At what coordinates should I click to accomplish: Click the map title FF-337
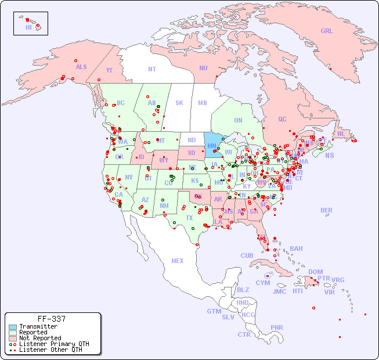point(52,319)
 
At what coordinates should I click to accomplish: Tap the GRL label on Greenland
point(327,31)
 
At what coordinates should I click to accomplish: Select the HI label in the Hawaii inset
point(28,27)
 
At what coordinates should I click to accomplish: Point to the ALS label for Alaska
point(81,67)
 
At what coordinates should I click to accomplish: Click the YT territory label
point(109,70)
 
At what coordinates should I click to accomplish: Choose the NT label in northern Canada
point(151,69)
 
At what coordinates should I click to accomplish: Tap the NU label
point(203,68)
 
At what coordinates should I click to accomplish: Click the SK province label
point(179,103)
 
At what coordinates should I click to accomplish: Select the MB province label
point(202,103)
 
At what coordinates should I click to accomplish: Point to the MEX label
point(178,261)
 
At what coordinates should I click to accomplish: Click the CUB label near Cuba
point(247,255)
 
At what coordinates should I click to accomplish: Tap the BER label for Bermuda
point(326,210)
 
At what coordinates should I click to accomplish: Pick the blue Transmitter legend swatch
point(13,326)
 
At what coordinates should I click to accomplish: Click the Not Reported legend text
point(40,338)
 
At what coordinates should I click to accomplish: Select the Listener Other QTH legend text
point(50,350)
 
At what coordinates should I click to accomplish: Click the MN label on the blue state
point(211,146)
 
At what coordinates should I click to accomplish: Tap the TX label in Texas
point(189,218)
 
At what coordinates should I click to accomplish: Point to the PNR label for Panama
point(277,327)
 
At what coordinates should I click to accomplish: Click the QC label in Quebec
point(282,119)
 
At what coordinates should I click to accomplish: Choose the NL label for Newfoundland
point(341,133)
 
